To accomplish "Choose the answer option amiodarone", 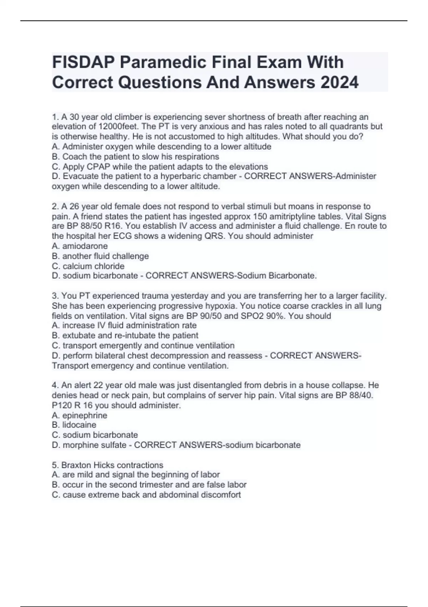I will pos(85,246).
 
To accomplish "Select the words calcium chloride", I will pos(93,266).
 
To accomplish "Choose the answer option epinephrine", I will pos(85,415).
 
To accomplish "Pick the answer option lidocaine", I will pos(79,425).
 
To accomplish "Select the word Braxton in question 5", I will pos(76,465).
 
